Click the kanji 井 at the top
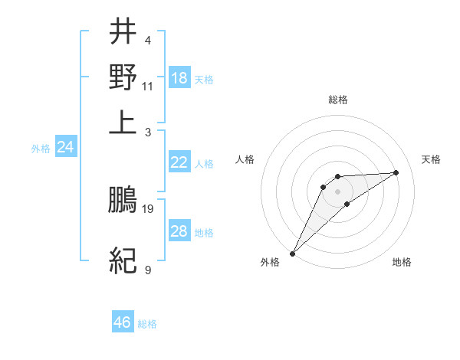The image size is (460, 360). pyautogui.click(x=123, y=32)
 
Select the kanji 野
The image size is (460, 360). pyautogui.click(x=123, y=77)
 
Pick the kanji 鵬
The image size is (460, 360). pyautogui.click(x=123, y=200)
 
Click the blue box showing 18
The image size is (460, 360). pyautogui.click(x=179, y=78)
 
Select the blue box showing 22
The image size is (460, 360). pyautogui.click(x=179, y=162)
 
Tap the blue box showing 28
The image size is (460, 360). pyautogui.click(x=179, y=232)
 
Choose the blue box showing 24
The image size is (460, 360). pyautogui.click(x=65, y=148)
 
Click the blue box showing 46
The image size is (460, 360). pyautogui.click(x=123, y=322)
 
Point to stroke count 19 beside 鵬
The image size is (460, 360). pyautogui.click(x=148, y=208)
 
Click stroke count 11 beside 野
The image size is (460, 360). pyautogui.click(x=148, y=86)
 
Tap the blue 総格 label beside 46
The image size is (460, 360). pyautogui.click(x=147, y=324)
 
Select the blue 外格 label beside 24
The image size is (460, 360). pyautogui.click(x=41, y=149)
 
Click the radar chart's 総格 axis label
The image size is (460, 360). pyautogui.click(x=337, y=100)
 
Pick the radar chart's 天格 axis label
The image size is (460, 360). pyautogui.click(x=431, y=159)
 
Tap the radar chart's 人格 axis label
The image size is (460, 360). pyautogui.click(x=245, y=159)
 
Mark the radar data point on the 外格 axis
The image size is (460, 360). pyautogui.click(x=292, y=253)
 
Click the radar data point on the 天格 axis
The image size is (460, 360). pyautogui.click(x=396, y=172)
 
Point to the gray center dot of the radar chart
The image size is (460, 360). pyautogui.click(x=337, y=191)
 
